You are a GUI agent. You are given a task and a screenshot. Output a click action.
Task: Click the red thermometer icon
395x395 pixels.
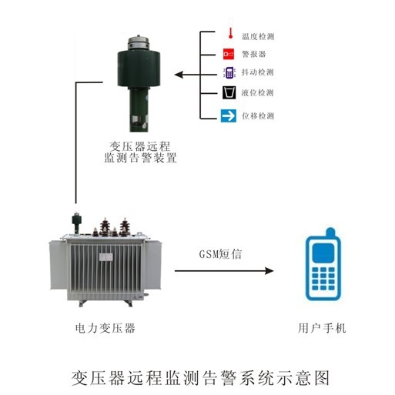(228, 34)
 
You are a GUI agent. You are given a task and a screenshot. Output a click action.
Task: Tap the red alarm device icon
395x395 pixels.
(228, 54)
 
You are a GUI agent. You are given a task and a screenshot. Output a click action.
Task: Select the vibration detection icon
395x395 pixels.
(228, 73)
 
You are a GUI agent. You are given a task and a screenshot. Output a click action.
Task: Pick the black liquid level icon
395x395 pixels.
(228, 94)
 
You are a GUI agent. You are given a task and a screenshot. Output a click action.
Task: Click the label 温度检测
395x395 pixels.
(258, 35)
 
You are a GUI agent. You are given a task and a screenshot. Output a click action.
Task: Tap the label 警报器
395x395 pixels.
(254, 55)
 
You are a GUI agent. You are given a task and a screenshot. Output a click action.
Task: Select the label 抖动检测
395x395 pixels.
(258, 74)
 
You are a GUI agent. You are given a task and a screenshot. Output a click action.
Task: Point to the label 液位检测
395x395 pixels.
(258, 94)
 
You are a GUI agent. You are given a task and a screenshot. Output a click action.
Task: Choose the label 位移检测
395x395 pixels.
(258, 116)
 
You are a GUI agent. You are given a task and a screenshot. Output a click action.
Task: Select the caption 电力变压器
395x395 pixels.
(106, 329)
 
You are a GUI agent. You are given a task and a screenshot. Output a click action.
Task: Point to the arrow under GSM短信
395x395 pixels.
(223, 271)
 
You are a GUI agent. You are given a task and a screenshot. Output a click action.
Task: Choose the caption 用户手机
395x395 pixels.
(322, 329)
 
